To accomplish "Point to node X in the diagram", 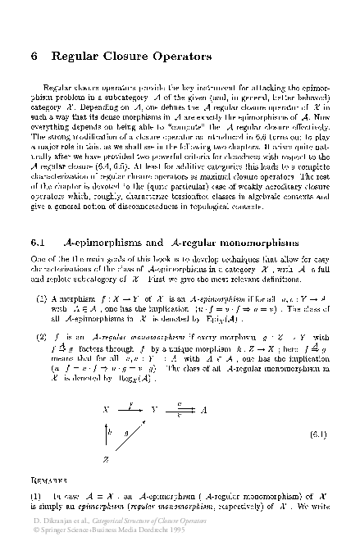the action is coord(107,408).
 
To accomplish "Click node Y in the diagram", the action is coord(155,408).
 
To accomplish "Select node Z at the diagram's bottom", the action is coord(107,457).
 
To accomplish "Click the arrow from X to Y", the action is coord(131,408).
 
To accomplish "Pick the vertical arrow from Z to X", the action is coord(107,433).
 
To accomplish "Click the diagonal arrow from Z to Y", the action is coord(131,433).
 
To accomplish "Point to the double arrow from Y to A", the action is coord(180,408).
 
